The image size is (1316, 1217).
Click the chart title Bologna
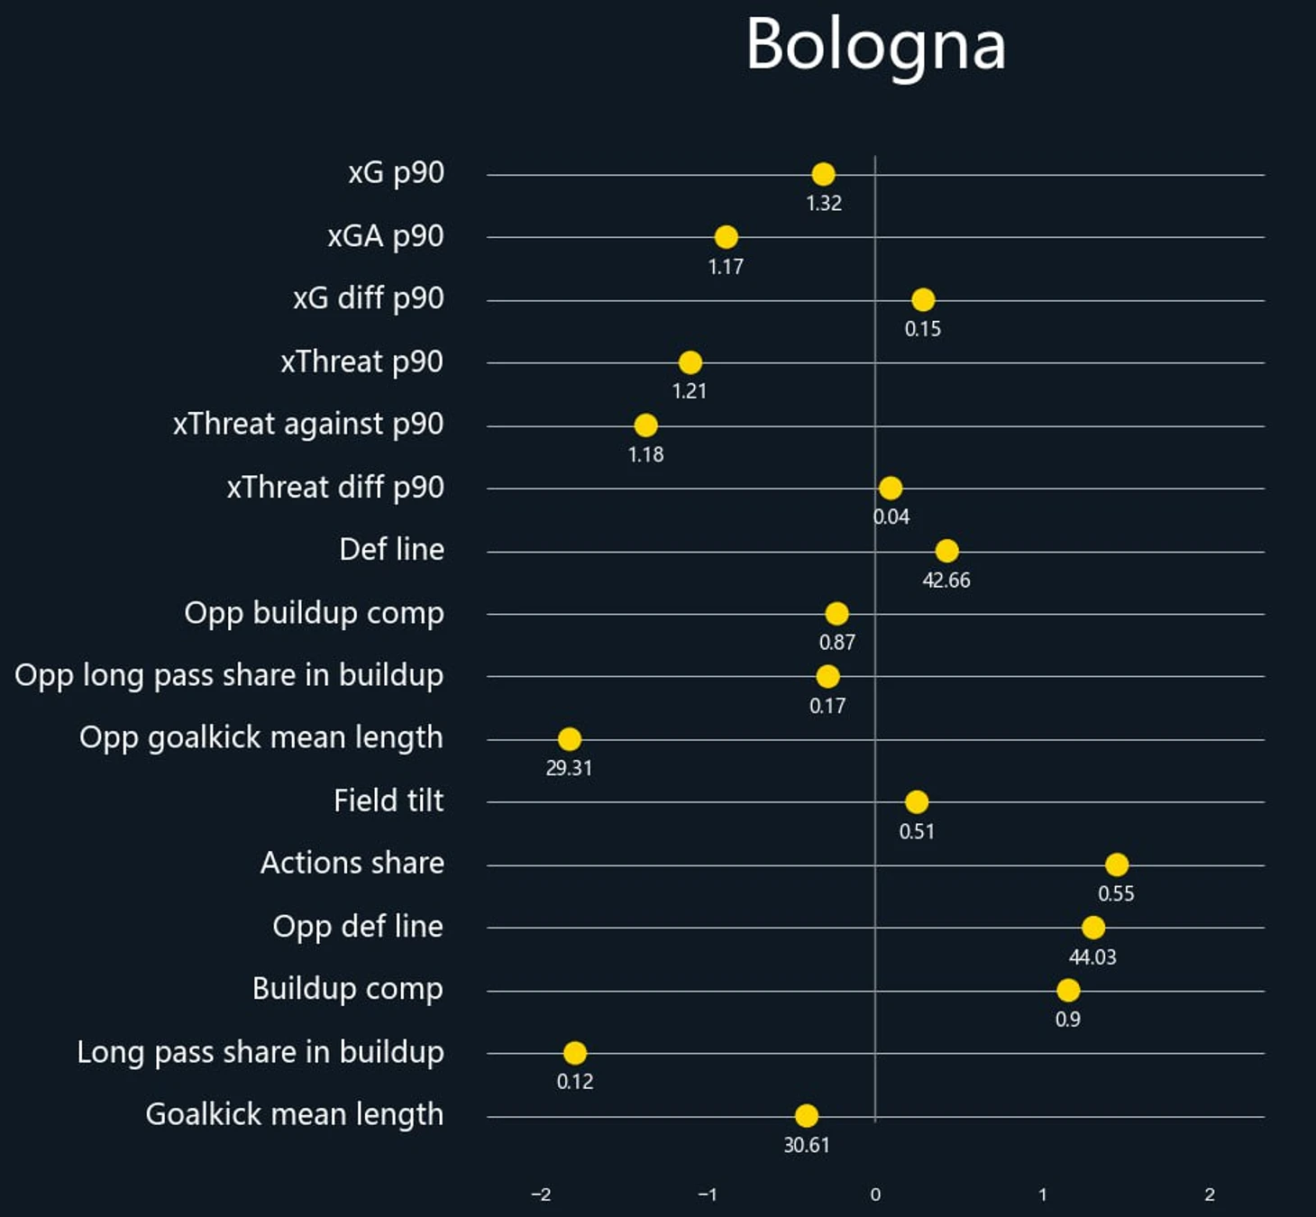click(x=875, y=45)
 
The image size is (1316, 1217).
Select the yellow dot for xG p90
click(x=823, y=174)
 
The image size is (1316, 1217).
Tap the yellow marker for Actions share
click(x=1116, y=865)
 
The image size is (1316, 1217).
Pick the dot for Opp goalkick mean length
click(x=569, y=739)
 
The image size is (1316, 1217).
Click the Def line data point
click(x=946, y=551)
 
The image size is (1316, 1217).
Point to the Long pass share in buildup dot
click(x=574, y=1052)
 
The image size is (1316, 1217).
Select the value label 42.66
click(x=946, y=581)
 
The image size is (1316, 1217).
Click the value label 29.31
click(x=569, y=769)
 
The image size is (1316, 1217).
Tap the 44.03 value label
click(x=1092, y=957)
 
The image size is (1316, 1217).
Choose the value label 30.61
click(x=806, y=1146)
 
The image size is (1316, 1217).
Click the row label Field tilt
click(x=388, y=801)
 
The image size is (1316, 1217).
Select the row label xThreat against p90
click(x=308, y=424)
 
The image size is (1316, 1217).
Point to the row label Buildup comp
click(x=348, y=989)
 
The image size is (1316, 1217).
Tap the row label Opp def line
click(x=358, y=926)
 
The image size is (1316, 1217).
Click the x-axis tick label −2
click(x=541, y=1194)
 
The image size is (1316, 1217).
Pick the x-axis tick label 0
click(x=875, y=1194)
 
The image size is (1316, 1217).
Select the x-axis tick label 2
click(x=1210, y=1194)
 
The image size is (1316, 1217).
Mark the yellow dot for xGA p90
click(x=726, y=237)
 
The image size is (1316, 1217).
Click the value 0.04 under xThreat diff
click(x=891, y=517)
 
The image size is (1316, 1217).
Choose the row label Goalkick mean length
click(x=295, y=1114)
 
